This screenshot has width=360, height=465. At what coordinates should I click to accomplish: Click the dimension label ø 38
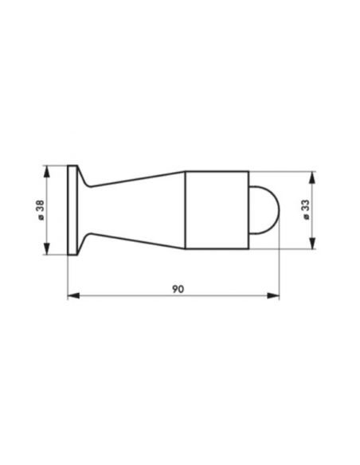(x=41, y=210)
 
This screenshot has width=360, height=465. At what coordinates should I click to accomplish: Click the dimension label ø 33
(x=306, y=209)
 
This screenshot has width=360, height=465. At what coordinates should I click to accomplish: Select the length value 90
(x=178, y=289)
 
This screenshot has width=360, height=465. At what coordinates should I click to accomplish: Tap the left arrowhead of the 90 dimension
(x=73, y=295)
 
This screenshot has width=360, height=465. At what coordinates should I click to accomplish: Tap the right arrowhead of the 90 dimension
(x=273, y=295)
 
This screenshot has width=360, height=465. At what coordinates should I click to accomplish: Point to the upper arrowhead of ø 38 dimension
(x=46, y=171)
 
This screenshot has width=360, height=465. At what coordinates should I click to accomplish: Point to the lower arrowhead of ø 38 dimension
(x=46, y=248)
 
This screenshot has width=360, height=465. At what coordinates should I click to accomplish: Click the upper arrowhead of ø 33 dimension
(x=312, y=178)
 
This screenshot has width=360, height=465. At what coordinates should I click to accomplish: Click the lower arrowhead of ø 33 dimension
(x=312, y=243)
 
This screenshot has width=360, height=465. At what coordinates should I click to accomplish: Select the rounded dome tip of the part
(x=264, y=210)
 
